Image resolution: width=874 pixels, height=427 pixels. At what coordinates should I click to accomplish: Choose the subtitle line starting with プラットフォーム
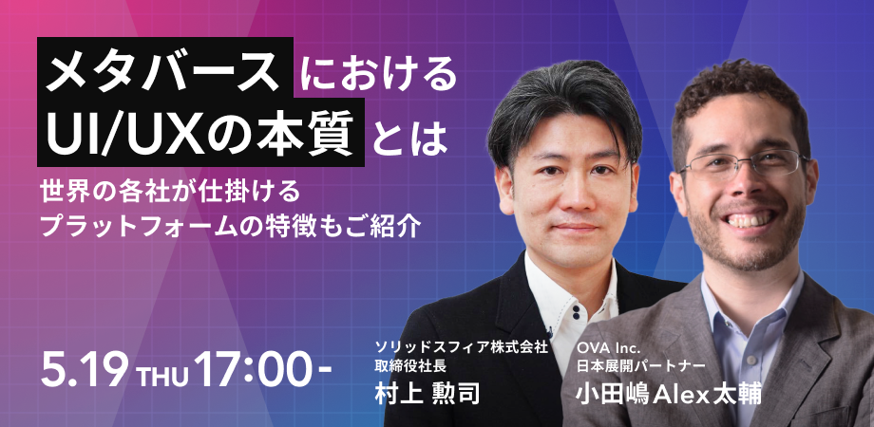point(230,226)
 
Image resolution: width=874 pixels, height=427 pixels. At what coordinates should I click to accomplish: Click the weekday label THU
point(162,375)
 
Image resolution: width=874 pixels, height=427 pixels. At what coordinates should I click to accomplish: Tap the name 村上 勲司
point(427,394)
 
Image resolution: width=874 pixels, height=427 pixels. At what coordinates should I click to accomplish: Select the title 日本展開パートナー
point(641,366)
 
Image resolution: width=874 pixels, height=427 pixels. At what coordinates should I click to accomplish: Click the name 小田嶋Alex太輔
point(669,394)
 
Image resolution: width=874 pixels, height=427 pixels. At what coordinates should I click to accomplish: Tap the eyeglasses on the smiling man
point(744,164)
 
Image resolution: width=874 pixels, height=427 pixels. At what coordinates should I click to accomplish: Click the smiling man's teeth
point(748,219)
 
